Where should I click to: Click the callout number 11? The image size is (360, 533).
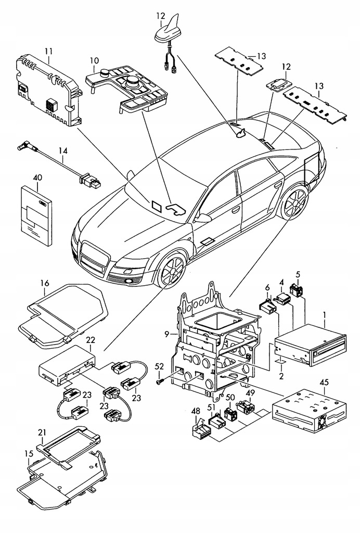tap(48, 52)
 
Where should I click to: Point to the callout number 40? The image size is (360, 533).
tap(36, 177)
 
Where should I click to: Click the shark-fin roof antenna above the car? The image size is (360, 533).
tap(166, 31)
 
